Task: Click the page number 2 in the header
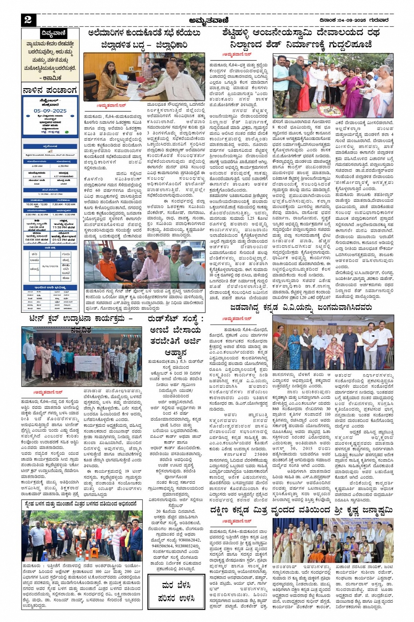pos(28,20)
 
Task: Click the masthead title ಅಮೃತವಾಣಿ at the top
pos(207,20)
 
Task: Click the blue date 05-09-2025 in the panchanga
pos(50,111)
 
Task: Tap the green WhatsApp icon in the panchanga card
pos(67,132)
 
